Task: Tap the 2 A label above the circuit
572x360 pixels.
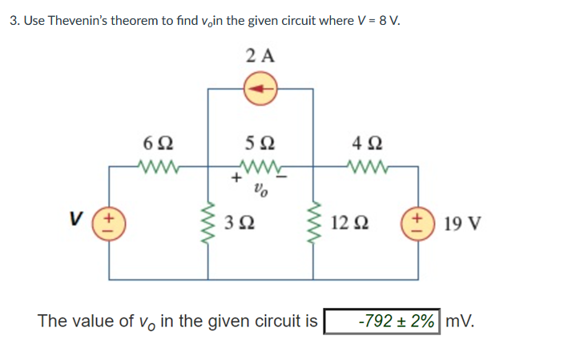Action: [260, 55]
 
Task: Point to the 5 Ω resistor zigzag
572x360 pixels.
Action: [259, 168]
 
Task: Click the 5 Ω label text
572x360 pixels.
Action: [259, 146]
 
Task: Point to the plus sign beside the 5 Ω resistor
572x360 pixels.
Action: [237, 180]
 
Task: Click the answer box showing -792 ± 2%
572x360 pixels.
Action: [382, 322]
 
